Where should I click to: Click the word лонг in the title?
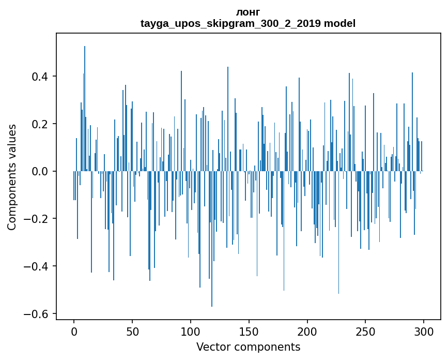248,12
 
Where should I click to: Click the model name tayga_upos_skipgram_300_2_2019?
230,23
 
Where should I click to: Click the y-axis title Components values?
12,177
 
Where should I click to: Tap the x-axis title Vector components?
248,347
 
